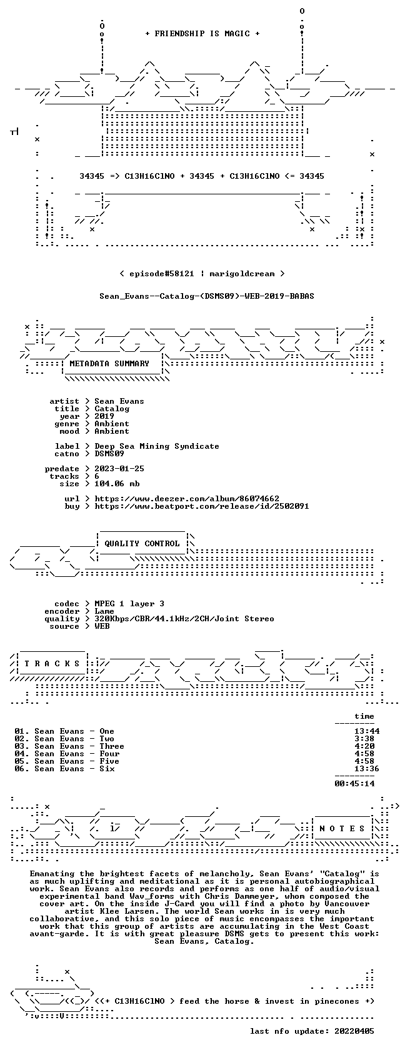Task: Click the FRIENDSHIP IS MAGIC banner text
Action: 202,34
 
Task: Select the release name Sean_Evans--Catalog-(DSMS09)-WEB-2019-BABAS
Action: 207,296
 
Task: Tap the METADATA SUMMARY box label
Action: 109,364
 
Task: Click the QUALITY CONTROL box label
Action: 142,544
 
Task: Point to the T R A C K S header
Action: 51,664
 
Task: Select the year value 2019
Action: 104,416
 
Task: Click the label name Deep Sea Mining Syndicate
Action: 156,446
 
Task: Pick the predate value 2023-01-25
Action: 119,469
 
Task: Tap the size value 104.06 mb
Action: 117,484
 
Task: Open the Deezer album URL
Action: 186,499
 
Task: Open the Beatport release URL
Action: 201,506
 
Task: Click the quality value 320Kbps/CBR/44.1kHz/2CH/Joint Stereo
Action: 184,619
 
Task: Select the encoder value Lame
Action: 104,611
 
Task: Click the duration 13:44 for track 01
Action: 366,731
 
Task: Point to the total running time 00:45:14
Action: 354,784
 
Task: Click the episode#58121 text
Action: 161,274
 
